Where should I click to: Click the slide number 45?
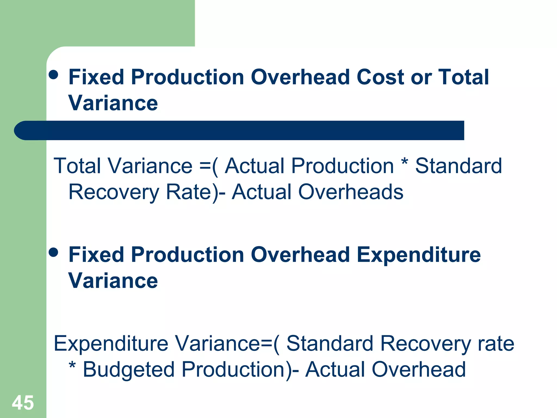click(x=23, y=403)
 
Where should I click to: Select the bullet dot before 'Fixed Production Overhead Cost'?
click(x=53, y=75)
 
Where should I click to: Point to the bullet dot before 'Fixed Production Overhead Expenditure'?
click(x=53, y=252)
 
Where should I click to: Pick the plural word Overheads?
click(x=351, y=192)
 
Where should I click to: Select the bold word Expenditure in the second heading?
click(x=419, y=255)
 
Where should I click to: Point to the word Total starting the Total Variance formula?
click(x=77, y=166)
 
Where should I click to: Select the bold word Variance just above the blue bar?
click(x=113, y=103)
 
